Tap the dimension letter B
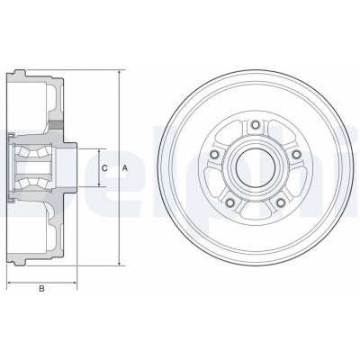pyautogui.click(x=42, y=290)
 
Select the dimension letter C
pyautogui.click(x=105, y=168)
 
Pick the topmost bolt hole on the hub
pyautogui.click(x=255, y=124)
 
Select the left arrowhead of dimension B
pyautogui.click(x=10, y=280)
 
